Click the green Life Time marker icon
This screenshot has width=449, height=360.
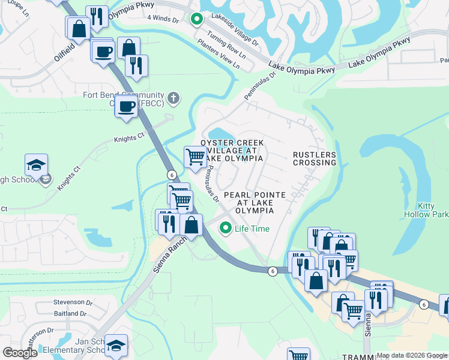(x=226, y=228)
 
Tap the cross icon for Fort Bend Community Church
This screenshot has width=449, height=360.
(x=173, y=98)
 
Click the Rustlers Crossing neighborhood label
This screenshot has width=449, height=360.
(x=314, y=158)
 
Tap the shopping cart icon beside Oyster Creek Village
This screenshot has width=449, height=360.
(x=195, y=157)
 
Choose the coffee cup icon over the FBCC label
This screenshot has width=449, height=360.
(x=126, y=106)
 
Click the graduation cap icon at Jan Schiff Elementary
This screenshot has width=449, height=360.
(x=116, y=345)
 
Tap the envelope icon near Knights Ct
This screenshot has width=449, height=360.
(x=47, y=178)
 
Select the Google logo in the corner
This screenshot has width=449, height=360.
(x=20, y=353)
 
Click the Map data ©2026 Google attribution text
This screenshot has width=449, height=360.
(x=412, y=355)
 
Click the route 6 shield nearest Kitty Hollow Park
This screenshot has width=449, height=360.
(x=424, y=305)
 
